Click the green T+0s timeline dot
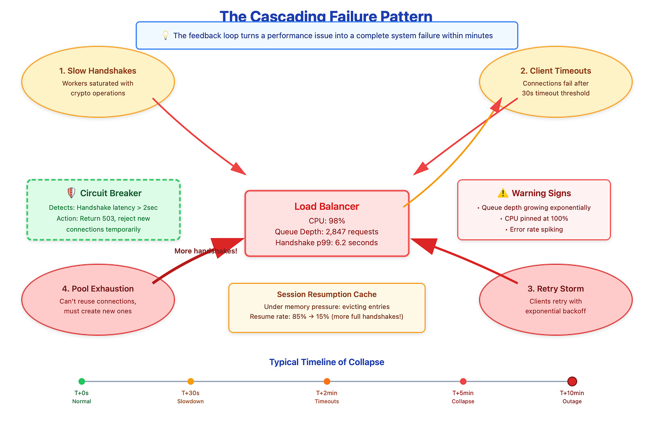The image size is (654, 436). point(82,382)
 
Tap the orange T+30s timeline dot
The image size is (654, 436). point(190,382)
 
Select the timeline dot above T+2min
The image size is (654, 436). point(327,382)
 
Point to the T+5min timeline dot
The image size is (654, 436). point(463,382)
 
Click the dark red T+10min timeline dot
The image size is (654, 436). point(572,382)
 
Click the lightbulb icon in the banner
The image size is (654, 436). point(165,35)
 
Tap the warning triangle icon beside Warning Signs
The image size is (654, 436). point(503,194)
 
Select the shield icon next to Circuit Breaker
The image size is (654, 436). point(71,193)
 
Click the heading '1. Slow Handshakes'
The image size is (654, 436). point(97,71)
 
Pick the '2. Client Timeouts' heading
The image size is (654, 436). point(556,71)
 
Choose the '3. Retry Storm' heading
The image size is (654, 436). point(556,289)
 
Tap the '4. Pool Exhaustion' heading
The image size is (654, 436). point(97,289)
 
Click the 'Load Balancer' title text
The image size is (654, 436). point(327,207)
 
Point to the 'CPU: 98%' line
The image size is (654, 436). point(327,221)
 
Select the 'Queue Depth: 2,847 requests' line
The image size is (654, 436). point(327,232)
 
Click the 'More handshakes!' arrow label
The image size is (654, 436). point(206,251)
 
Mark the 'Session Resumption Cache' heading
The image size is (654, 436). point(327,295)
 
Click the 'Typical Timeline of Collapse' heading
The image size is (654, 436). point(327,362)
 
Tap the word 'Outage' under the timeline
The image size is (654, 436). point(572,401)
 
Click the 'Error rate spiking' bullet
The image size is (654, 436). point(536,229)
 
